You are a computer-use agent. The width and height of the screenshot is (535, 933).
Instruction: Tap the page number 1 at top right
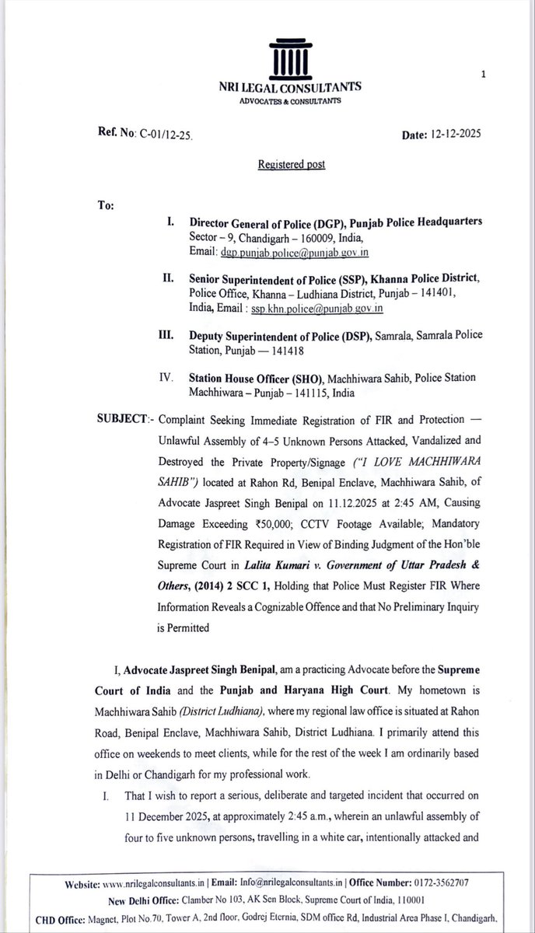[484, 75]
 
